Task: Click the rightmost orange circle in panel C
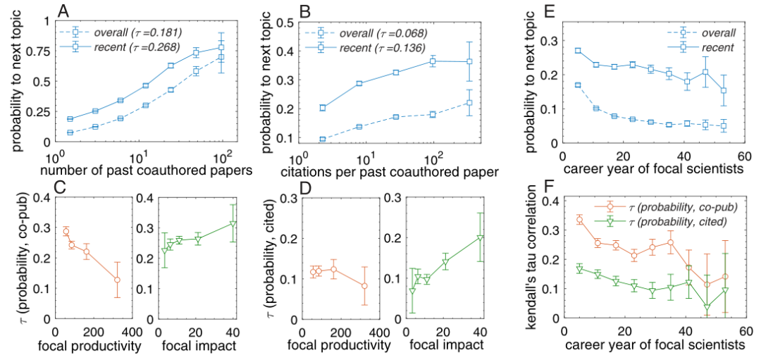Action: coord(117,280)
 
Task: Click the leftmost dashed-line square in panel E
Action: coord(578,85)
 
